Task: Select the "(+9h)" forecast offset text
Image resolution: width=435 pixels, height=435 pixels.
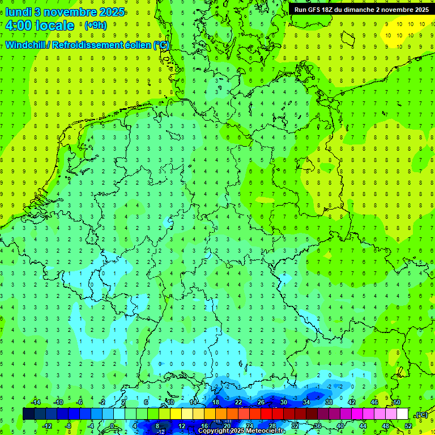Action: [95, 25]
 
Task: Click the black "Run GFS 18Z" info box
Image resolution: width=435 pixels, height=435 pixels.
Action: [361, 9]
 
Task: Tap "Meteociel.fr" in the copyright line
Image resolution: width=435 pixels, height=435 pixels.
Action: [266, 431]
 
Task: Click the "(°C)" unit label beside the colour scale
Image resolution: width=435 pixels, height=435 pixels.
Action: [421, 415]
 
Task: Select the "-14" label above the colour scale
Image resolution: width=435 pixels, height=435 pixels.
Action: [36, 402]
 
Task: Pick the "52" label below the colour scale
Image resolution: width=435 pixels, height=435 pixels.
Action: [408, 426]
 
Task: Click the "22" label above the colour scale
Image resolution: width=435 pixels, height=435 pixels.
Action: [238, 402]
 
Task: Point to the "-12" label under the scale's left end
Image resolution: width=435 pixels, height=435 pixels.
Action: [47, 426]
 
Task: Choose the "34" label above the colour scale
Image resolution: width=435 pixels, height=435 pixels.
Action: [306, 402]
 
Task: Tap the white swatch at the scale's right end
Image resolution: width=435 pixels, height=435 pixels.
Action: [402, 413]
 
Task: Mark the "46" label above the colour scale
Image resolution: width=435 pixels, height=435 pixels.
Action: [374, 402]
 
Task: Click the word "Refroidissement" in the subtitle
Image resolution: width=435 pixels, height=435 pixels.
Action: [87, 45]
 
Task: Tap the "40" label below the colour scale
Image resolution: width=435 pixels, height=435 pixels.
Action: [340, 426]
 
